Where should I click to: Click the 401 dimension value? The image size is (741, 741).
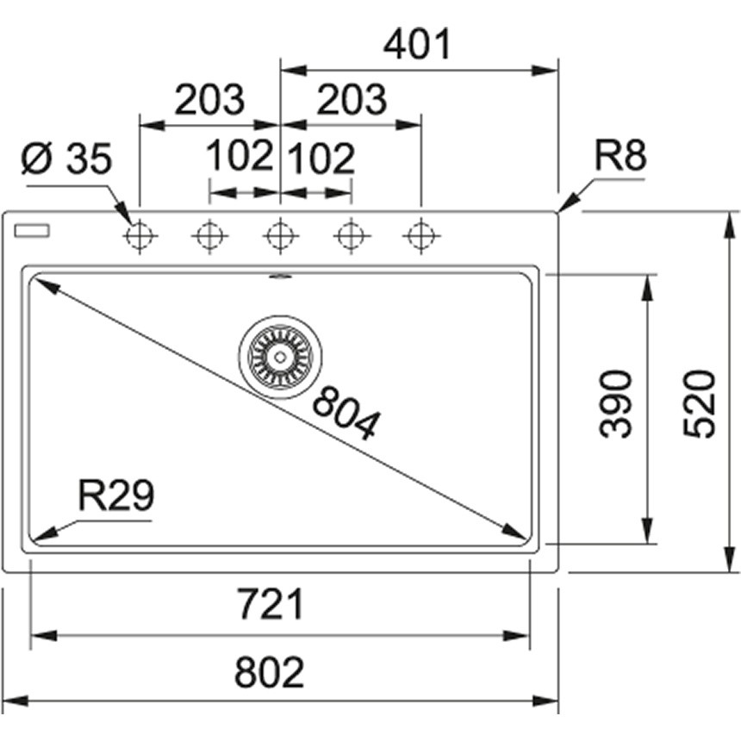418,44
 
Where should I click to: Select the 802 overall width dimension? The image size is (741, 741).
270,672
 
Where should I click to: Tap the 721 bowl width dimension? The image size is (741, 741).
270,605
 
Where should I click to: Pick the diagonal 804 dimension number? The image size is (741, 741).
345,413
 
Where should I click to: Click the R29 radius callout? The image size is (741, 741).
115,496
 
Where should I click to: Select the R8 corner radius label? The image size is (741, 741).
620,157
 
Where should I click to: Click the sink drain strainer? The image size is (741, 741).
280,352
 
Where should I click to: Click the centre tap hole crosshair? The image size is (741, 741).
280,234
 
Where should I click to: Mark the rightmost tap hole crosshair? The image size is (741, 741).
420,234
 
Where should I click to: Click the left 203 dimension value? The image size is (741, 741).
209,101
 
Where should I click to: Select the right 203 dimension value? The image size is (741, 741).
351,101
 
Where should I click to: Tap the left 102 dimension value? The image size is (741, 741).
240,157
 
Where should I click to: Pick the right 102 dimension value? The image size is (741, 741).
320,159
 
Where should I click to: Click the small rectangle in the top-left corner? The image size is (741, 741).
33,230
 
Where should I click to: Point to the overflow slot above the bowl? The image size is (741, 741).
280,277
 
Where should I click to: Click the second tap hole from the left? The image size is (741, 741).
209,234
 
